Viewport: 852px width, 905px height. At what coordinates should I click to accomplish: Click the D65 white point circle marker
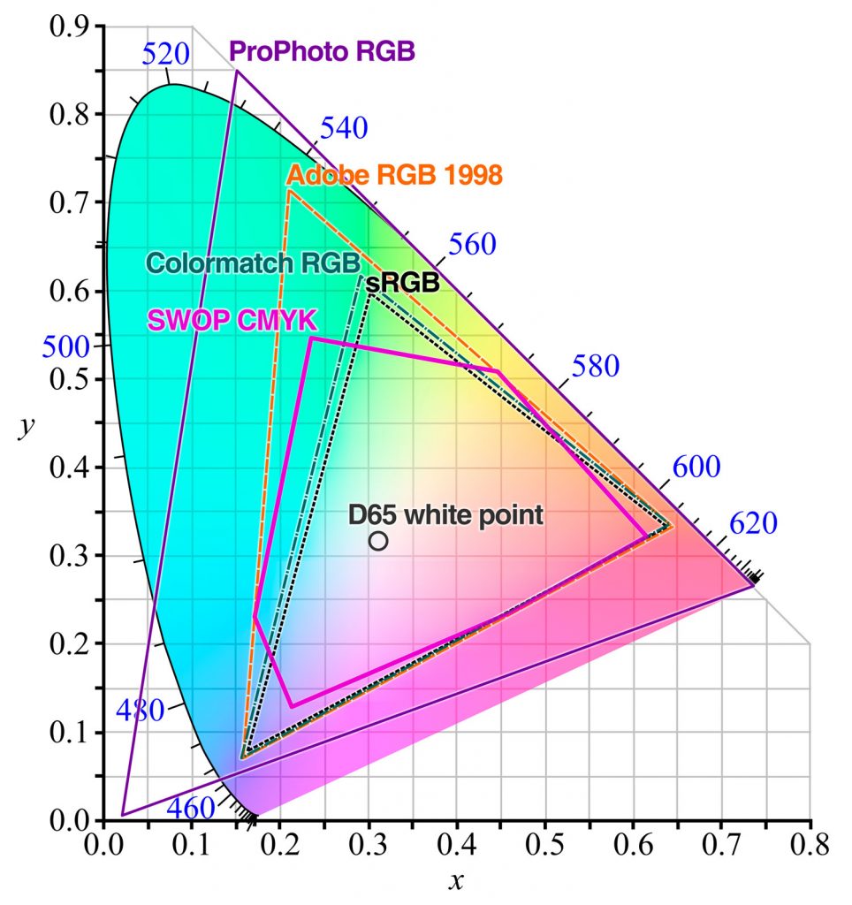point(378,541)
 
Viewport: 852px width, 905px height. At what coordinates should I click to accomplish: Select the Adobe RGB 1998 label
point(395,174)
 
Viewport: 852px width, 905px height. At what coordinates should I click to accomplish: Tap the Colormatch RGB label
point(252,263)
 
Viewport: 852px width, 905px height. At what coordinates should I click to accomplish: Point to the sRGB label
point(402,283)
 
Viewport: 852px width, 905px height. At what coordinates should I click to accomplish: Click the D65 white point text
point(445,515)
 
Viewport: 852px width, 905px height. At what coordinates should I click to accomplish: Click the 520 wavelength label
point(165,55)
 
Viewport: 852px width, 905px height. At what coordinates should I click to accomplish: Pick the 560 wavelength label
point(473,246)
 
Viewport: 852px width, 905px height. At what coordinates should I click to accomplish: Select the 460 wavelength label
point(190,808)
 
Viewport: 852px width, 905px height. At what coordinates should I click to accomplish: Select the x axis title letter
point(456,881)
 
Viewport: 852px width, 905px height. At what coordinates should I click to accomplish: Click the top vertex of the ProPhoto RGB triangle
point(236,71)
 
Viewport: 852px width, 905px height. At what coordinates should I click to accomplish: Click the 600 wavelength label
point(696,468)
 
